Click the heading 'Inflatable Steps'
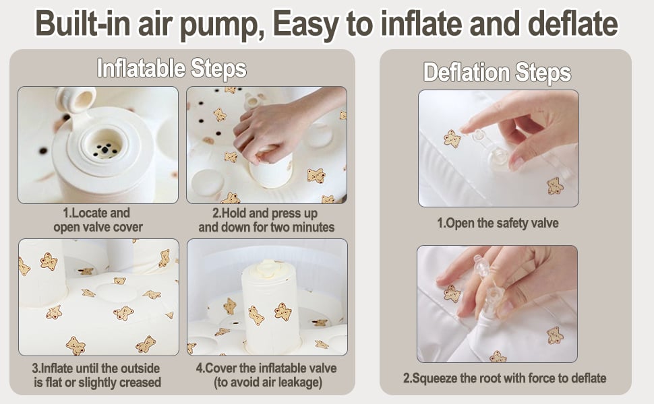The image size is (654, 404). pos(171,68)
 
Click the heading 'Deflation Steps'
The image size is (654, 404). pos(497,73)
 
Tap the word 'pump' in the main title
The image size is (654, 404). pos(222,24)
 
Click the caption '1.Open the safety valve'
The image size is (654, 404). pos(498,224)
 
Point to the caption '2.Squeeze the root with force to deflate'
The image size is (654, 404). pos(505,378)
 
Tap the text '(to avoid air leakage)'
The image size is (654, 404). pos(268,382)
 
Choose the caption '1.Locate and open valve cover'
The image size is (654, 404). pos(98,220)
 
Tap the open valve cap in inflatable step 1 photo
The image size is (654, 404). pos(76,99)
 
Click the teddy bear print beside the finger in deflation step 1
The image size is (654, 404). pos(452,139)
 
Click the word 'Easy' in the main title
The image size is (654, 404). pos(305,24)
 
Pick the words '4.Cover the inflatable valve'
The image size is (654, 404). pos(266,368)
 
